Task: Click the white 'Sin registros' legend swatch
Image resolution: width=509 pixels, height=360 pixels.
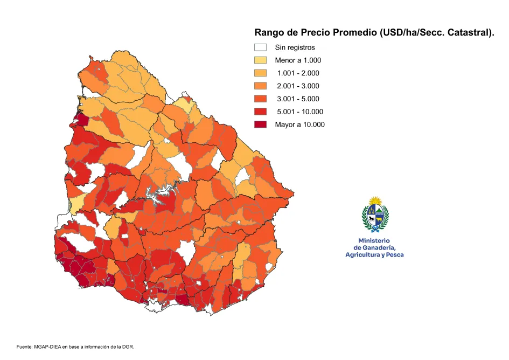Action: (x=261, y=47)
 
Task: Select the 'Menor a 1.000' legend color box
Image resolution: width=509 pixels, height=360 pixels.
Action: (x=261, y=60)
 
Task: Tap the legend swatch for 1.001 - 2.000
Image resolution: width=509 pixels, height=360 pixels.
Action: (x=261, y=73)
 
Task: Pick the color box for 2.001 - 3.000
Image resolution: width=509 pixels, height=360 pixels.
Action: (x=261, y=86)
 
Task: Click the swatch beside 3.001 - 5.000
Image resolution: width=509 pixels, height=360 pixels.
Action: (x=261, y=99)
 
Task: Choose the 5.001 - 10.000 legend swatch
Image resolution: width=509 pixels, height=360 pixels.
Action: (x=261, y=112)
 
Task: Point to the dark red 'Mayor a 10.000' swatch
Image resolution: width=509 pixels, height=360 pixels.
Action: (x=261, y=124)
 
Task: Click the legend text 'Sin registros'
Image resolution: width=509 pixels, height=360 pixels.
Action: (x=295, y=47)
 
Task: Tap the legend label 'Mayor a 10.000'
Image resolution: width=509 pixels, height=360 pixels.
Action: (x=299, y=124)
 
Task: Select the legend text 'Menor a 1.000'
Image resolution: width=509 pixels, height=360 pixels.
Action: (x=298, y=60)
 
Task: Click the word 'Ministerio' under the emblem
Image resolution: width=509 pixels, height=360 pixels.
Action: (x=374, y=240)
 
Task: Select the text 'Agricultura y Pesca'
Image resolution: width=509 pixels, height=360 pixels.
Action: (x=374, y=254)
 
